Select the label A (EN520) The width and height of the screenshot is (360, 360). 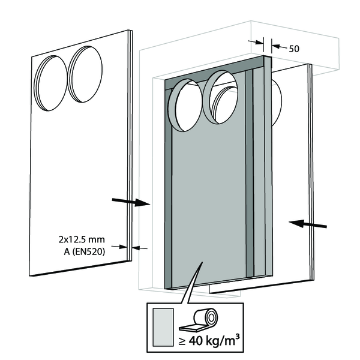[85, 252]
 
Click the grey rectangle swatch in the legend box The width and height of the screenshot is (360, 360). [163, 328]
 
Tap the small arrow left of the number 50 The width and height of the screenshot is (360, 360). [259, 42]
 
